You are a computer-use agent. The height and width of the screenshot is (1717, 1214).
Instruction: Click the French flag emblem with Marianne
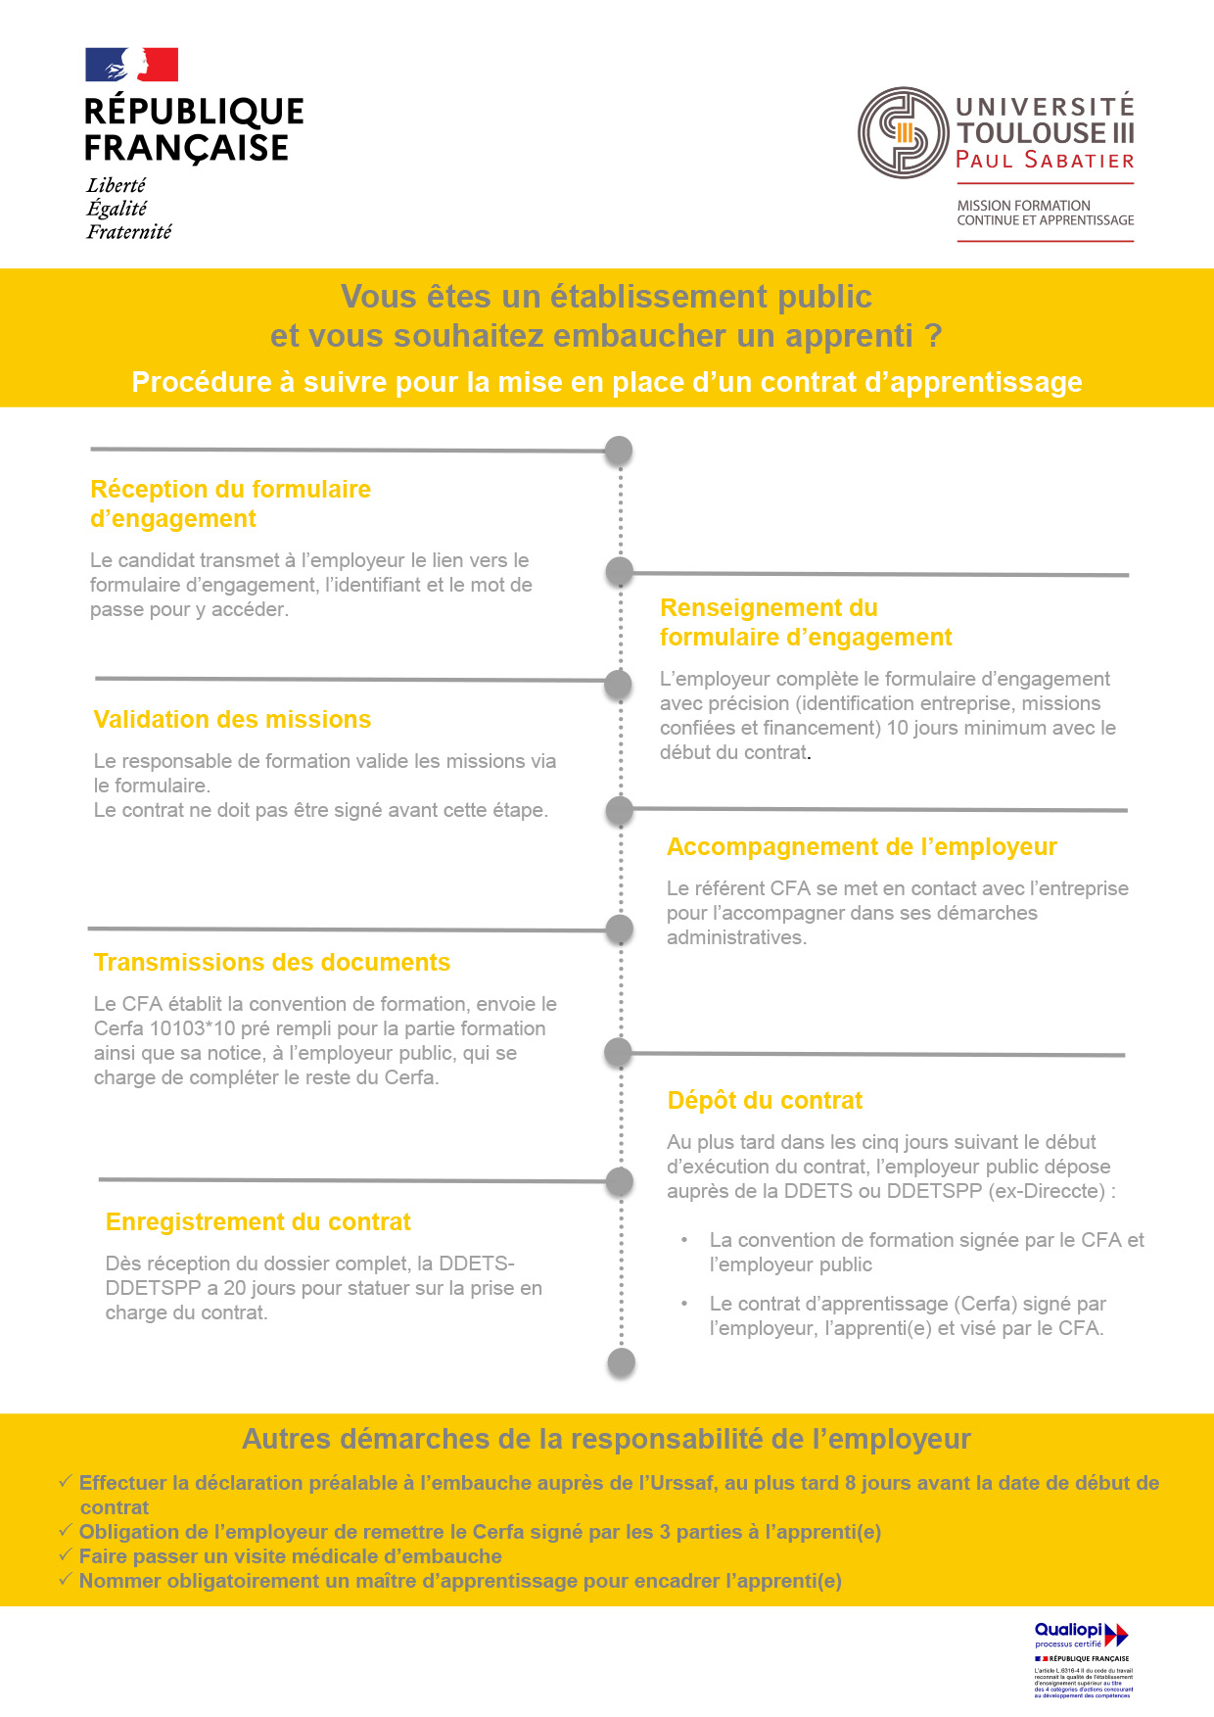pos(131,65)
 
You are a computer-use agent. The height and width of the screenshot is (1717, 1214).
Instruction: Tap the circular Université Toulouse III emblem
pos(903,133)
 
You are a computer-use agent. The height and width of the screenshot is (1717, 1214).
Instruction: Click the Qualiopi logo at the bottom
pos(1081,1635)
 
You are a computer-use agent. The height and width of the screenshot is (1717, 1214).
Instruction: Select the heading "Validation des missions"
pos(232,720)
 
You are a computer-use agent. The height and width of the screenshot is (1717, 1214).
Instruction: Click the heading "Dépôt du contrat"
pos(765,1101)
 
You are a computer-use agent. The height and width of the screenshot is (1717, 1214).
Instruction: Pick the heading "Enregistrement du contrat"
pos(257,1222)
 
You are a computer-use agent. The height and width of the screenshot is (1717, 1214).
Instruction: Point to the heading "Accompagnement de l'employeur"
pos(862,847)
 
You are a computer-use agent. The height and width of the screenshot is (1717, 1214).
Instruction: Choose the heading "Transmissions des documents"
pos(272,963)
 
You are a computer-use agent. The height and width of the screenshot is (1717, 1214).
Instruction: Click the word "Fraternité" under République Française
pos(128,232)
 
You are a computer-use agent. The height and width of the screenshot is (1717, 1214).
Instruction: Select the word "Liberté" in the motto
pos(116,185)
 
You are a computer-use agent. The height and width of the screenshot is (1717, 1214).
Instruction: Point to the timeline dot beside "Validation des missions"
pos(618,685)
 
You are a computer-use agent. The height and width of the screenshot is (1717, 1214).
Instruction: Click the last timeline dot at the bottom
pos(621,1362)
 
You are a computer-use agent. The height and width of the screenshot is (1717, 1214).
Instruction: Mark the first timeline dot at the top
pos(618,451)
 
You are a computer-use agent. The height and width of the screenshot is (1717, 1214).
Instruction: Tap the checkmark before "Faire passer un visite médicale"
pos(66,1555)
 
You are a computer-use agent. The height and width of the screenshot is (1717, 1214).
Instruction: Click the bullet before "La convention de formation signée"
pos(685,1240)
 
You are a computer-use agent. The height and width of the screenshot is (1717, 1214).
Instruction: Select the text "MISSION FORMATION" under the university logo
pos(1023,206)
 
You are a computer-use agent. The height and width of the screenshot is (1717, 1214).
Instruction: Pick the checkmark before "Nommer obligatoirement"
pos(66,1580)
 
